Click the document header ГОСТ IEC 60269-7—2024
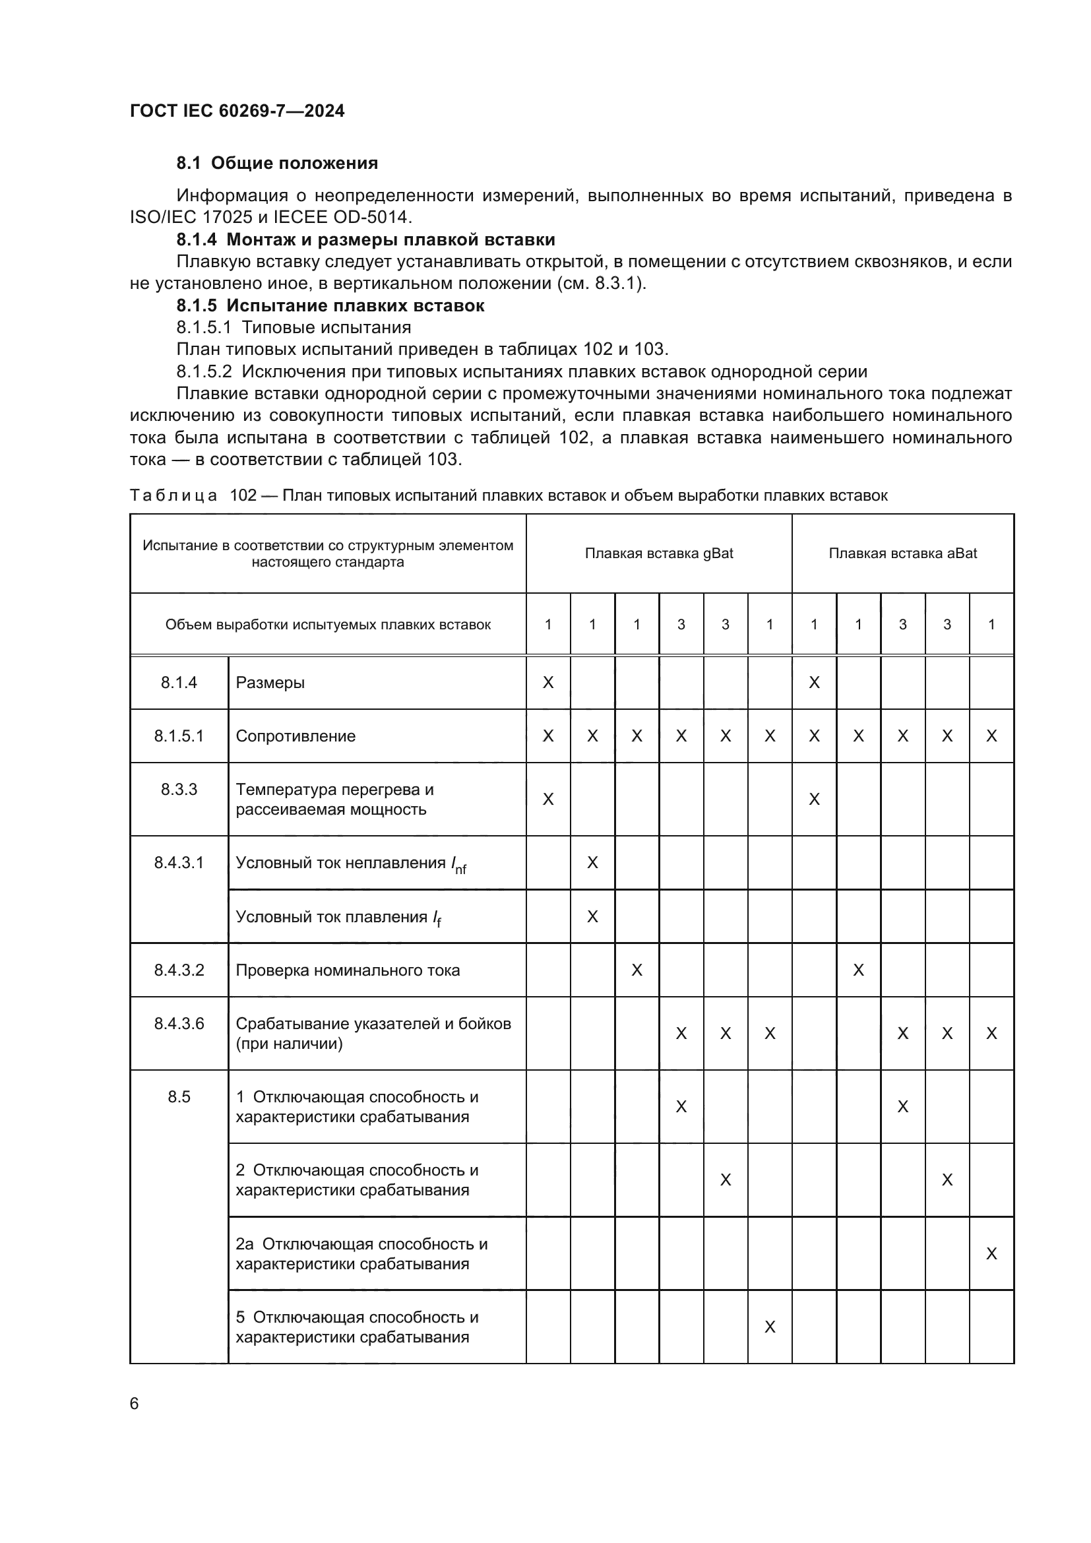click(237, 111)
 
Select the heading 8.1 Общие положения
click(277, 164)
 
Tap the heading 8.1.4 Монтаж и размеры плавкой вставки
click(365, 240)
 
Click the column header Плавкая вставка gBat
click(658, 553)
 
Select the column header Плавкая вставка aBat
click(902, 553)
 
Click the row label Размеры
click(270, 683)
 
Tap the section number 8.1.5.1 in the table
click(179, 736)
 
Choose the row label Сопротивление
click(296, 736)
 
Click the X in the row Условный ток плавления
click(592, 917)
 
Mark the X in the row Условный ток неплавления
click(592, 862)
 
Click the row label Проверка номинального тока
click(348, 970)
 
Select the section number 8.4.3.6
click(179, 1024)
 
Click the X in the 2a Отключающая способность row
click(991, 1253)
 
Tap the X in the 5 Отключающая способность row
click(770, 1327)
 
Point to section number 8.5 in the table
click(179, 1097)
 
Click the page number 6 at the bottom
click(135, 1403)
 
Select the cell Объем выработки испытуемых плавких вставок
click(328, 624)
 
